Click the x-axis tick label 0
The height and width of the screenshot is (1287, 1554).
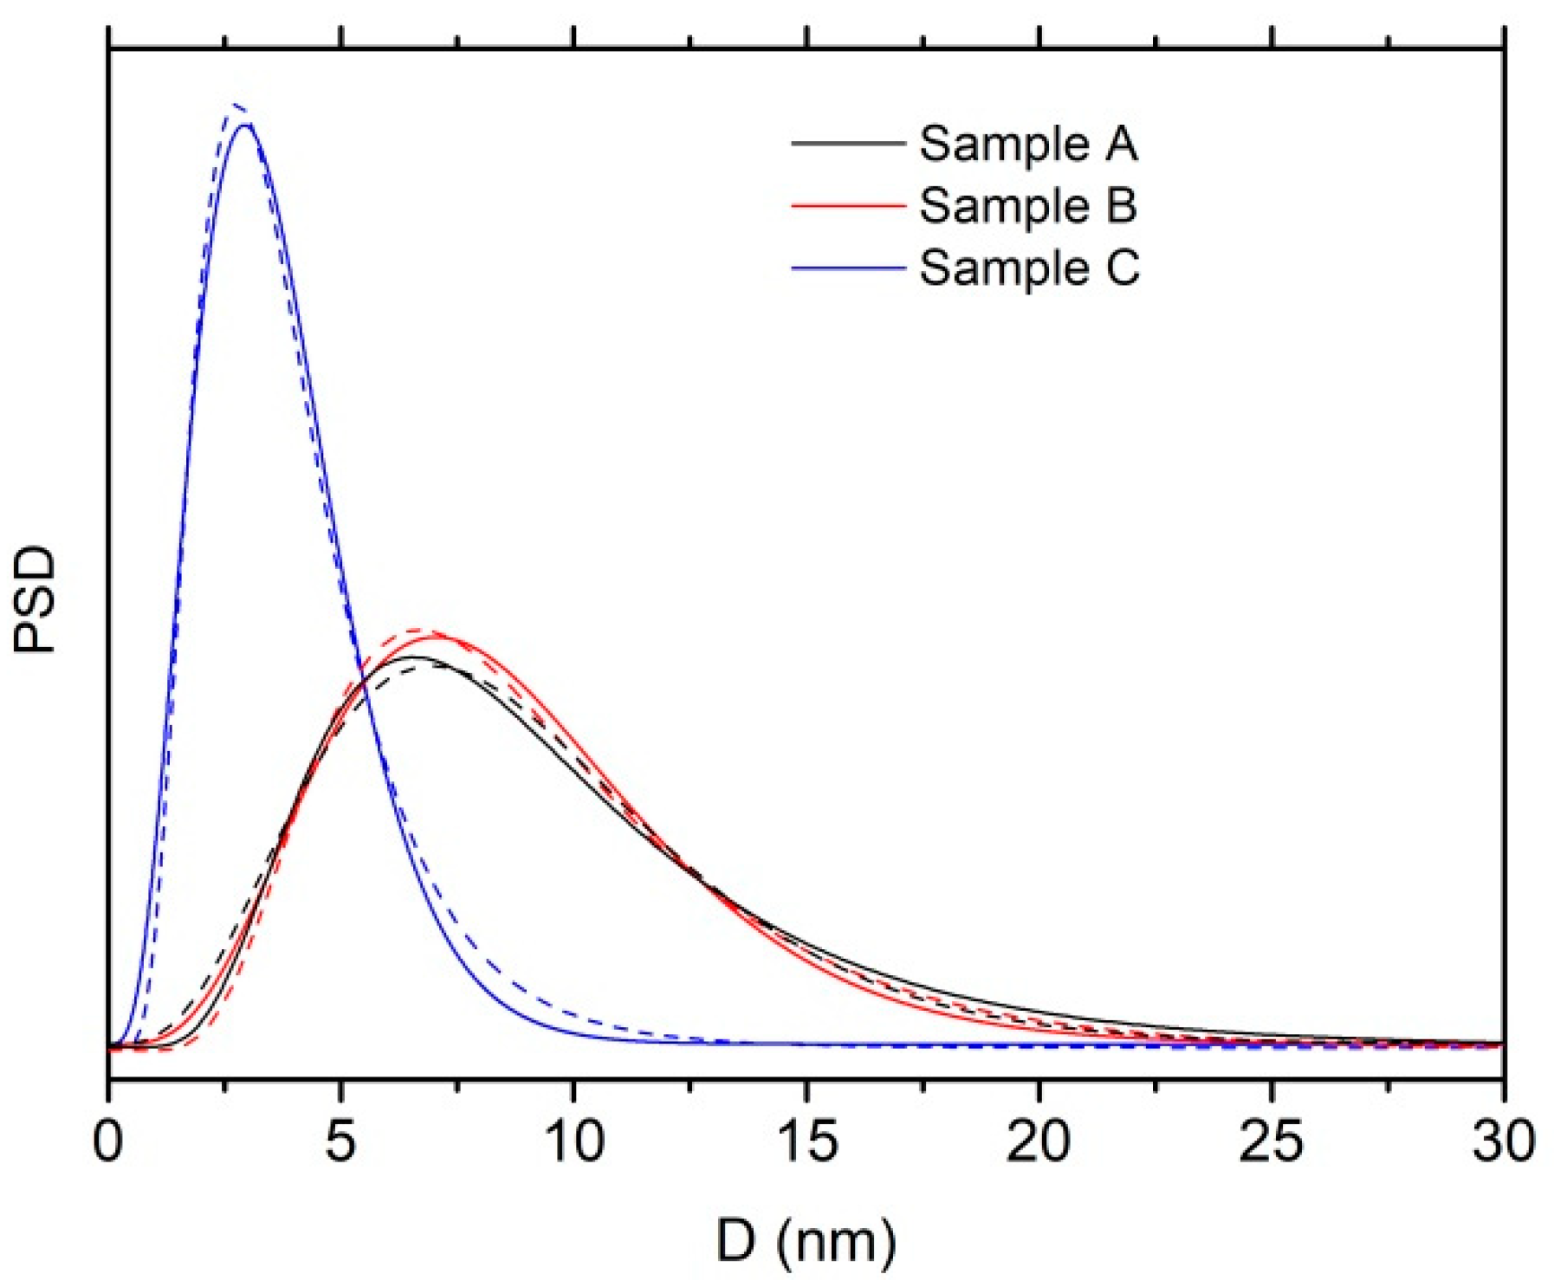point(108,1141)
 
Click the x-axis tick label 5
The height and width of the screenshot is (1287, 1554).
point(341,1141)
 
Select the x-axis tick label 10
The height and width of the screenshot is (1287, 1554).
point(574,1141)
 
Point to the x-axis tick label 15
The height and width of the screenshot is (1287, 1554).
point(807,1141)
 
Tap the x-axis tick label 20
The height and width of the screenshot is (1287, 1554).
point(1039,1141)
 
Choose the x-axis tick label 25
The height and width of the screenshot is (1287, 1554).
point(1271,1141)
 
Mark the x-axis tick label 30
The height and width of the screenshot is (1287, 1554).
point(1503,1141)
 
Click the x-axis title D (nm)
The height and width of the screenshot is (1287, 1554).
point(806,1240)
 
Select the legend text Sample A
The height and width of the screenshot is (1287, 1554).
point(1028,143)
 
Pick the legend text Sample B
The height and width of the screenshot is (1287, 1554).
point(1028,205)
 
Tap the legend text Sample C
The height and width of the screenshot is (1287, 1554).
point(1029,268)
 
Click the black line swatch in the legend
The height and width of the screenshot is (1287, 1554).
point(848,143)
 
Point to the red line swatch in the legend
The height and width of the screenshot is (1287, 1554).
point(848,205)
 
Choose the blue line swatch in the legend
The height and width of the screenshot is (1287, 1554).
point(848,268)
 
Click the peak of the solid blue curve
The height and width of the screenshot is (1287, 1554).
point(246,125)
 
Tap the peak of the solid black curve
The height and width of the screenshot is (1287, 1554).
point(414,656)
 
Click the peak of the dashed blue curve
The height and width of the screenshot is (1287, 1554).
point(235,107)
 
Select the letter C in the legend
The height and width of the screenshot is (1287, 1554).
point(1123,268)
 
